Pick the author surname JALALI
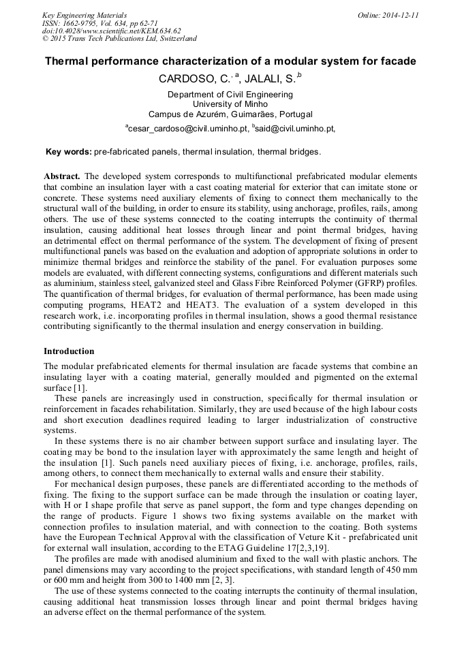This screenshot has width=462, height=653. click(x=261, y=79)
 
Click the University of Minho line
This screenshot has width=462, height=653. click(x=230, y=104)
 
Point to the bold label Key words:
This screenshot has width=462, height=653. click(x=68, y=152)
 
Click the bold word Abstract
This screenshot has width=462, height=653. click(x=62, y=176)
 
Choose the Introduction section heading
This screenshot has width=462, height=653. click(x=69, y=351)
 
